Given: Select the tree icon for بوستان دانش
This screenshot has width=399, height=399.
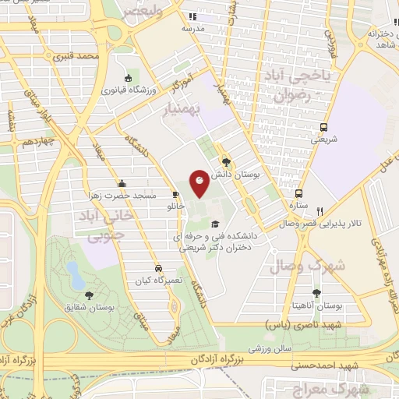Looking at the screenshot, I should point(226,163).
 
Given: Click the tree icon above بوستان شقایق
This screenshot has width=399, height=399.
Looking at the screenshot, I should point(90,295).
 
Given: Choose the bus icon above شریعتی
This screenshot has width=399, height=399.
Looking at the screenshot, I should point(323,128).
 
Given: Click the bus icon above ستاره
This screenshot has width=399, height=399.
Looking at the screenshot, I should point(298,194).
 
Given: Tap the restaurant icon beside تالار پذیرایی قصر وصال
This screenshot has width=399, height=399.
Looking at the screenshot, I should point(320,210).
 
